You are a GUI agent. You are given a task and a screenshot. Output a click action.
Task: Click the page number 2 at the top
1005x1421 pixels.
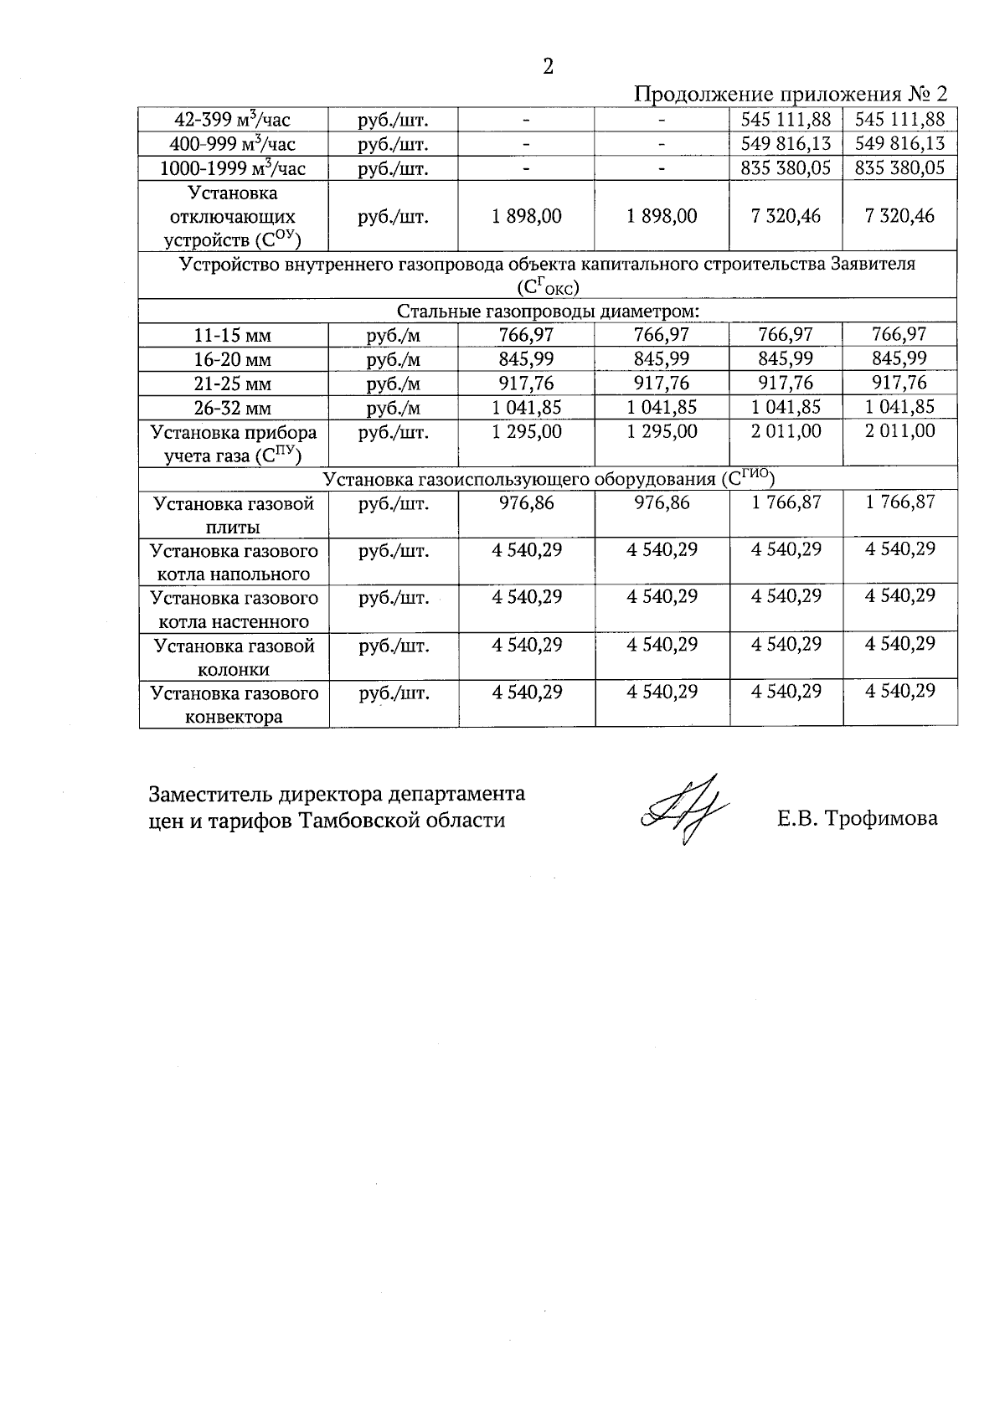[x=548, y=68]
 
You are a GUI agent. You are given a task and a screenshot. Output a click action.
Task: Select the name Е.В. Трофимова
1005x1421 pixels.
[x=857, y=818]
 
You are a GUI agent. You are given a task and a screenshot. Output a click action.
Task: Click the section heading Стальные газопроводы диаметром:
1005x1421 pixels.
[x=548, y=311]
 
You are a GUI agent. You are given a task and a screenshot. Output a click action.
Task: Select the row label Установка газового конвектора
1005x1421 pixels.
[x=234, y=705]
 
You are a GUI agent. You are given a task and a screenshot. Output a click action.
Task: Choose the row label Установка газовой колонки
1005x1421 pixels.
[x=233, y=657]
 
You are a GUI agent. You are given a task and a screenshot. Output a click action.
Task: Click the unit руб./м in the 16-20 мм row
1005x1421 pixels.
[x=393, y=360]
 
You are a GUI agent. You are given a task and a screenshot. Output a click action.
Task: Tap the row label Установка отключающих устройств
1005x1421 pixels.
[x=233, y=217]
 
